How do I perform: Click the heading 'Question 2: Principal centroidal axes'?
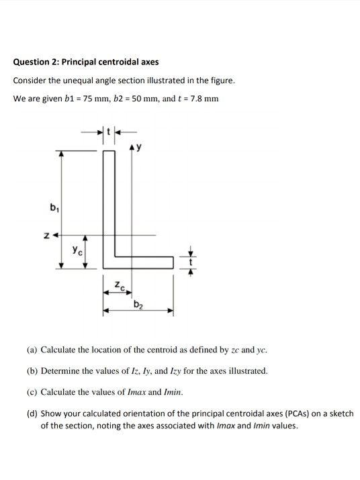[86, 62]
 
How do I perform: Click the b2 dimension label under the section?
[138, 307]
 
